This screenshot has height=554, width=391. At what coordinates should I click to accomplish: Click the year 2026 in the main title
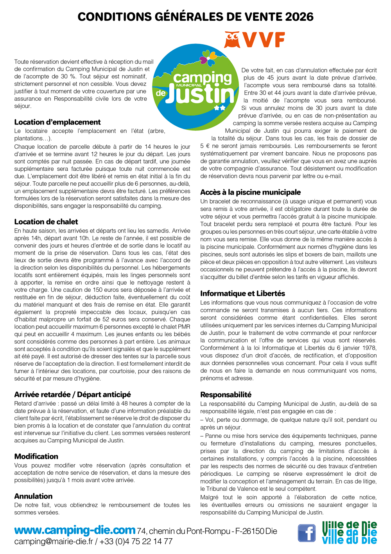[299, 16]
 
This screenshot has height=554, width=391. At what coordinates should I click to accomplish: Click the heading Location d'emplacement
[57, 122]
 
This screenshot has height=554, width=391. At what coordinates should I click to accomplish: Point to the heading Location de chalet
[46, 222]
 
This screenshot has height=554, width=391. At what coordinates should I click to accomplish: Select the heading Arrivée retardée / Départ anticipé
[73, 394]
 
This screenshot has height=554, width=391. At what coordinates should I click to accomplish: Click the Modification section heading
[36, 456]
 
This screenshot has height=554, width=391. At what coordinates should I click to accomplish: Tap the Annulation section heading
[33, 496]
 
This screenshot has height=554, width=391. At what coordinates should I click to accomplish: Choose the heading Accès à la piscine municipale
[251, 192]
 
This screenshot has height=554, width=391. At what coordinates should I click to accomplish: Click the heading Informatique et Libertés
[243, 293]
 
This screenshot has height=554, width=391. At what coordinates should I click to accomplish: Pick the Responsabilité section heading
[226, 394]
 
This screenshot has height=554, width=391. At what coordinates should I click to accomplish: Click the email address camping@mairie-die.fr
[54, 541]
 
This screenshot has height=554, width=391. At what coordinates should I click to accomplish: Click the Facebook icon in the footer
[307, 533]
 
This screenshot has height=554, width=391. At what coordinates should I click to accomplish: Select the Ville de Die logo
[350, 532]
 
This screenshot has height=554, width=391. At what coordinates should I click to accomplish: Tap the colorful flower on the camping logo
[208, 59]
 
